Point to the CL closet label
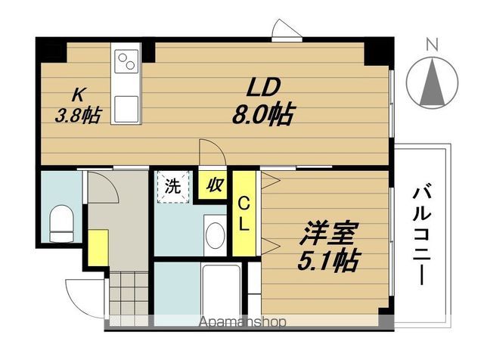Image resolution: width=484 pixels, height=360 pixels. (x=244, y=213)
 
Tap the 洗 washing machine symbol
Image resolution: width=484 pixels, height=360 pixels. (x=173, y=187)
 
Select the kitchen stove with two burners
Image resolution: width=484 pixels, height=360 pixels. (x=126, y=61)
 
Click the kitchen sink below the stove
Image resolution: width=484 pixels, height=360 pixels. (x=126, y=106)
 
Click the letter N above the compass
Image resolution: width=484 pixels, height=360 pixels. (x=432, y=44)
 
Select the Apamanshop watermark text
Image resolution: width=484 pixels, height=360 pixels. (x=242, y=321)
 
